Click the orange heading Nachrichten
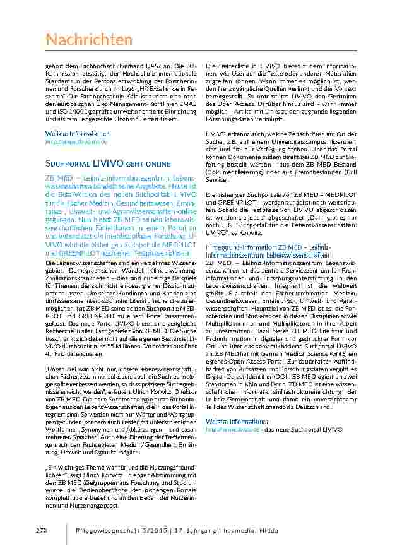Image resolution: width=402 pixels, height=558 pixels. (x=89, y=40)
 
